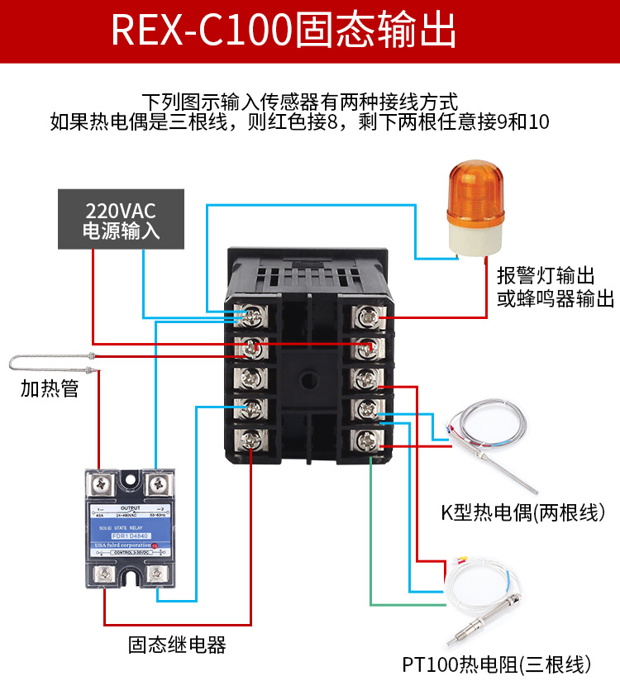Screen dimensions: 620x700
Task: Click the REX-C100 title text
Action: (x=283, y=31)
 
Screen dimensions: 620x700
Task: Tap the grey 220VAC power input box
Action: (x=121, y=219)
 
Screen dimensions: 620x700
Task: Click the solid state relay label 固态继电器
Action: (x=177, y=644)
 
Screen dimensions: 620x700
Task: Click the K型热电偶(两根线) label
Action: (x=523, y=513)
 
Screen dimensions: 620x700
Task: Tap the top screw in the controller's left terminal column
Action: (x=249, y=316)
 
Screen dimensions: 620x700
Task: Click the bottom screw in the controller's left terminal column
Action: (x=249, y=439)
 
